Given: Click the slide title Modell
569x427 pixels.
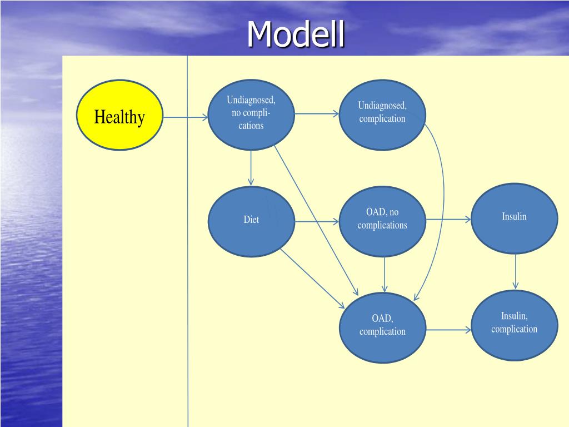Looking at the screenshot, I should pos(296,34).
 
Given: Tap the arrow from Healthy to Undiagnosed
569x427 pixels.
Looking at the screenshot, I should pos(186,117).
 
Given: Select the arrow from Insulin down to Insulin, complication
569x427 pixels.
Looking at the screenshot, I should pos(516,272).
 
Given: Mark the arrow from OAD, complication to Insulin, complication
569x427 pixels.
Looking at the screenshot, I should pos(448,330).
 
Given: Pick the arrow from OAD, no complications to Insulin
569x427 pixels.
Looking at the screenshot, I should pos(448,219).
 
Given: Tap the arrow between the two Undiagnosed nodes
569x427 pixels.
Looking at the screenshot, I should pos(316,113).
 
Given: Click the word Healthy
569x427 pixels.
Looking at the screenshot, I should pos(119,117).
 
